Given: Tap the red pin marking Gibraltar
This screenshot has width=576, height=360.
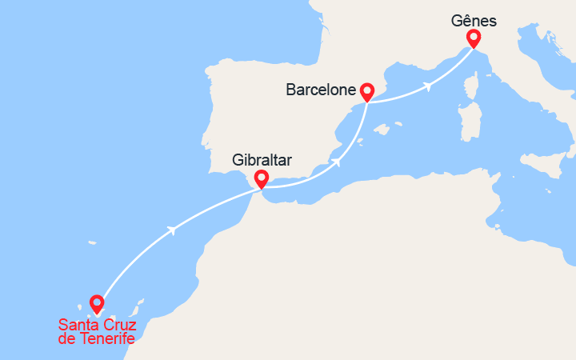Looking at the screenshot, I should click(x=261, y=178).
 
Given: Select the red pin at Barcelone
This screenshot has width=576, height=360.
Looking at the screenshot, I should click(x=366, y=91).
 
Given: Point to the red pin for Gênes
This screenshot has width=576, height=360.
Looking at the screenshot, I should click(x=473, y=38).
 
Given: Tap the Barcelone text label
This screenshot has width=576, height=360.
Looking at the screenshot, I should click(x=320, y=90).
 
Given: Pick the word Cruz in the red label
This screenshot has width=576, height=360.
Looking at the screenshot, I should click(x=118, y=326).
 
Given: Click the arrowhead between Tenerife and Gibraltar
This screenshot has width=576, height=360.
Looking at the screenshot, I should click(x=170, y=230).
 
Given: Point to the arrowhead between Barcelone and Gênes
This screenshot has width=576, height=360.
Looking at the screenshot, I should click(x=430, y=85).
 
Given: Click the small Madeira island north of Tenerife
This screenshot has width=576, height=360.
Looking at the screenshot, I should click(x=93, y=242).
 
